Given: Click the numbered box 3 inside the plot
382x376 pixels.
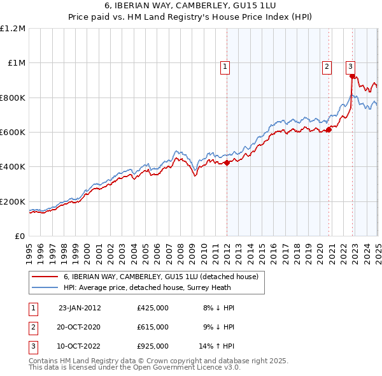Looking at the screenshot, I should click(x=350, y=66).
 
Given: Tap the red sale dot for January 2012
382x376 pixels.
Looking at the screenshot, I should click(x=227, y=163).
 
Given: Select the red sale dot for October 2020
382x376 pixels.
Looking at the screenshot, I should click(x=329, y=130).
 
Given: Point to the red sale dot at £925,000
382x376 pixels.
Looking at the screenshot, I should click(x=352, y=76).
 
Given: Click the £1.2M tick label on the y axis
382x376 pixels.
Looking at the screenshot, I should click(x=13, y=29).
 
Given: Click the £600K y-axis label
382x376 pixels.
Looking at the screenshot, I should click(x=12, y=133).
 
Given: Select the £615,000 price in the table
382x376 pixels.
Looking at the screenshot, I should click(x=153, y=327).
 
